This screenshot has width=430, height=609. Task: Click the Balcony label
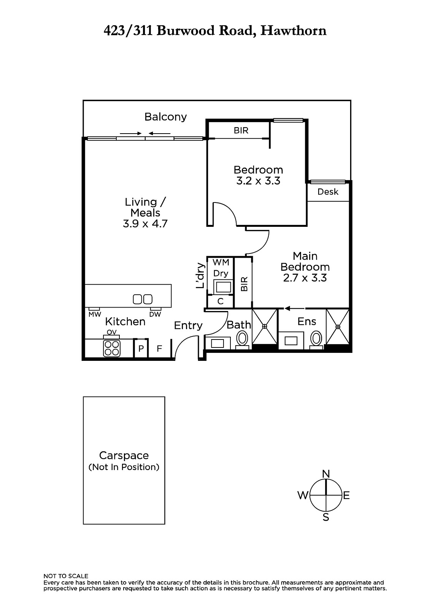[x=165, y=117]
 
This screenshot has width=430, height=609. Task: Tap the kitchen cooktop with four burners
[x=112, y=348]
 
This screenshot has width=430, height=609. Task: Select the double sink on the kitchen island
[x=142, y=299]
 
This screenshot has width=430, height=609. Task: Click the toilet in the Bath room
[x=242, y=340]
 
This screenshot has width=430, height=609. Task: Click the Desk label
[x=328, y=192]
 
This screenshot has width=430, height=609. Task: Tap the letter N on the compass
[x=326, y=474]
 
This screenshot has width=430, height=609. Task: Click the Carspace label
[x=124, y=455]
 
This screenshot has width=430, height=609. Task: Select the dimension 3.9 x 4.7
[x=145, y=224]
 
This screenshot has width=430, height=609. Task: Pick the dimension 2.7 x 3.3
[x=305, y=278]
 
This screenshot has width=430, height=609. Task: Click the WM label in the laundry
[x=221, y=262]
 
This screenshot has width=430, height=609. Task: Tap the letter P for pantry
[x=141, y=349]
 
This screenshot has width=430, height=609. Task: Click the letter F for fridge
[x=159, y=348]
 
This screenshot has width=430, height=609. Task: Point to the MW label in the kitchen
[x=95, y=314]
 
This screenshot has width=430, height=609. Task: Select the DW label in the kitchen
[x=155, y=314]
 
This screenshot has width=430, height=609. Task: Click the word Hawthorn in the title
[x=294, y=31]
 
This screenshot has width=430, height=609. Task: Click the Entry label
[x=188, y=326]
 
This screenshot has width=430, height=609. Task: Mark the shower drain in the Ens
[x=338, y=327]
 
